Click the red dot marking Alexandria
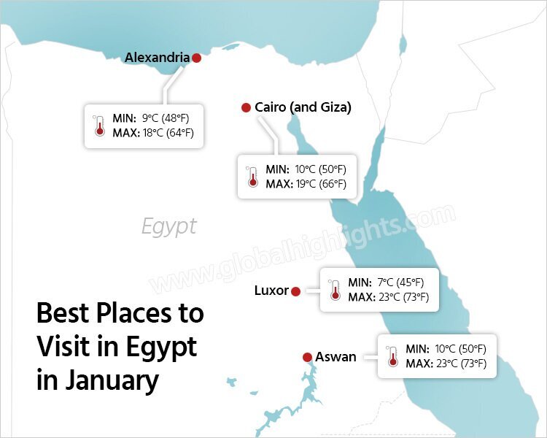point(196,58)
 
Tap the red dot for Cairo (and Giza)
point(246,108)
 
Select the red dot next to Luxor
point(295,291)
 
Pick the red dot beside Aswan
point(307,357)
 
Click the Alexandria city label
point(157,57)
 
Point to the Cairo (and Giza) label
point(303,107)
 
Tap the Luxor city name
point(271,291)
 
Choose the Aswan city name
point(335,357)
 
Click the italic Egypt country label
point(169,226)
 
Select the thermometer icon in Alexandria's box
point(99,126)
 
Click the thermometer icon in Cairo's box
point(252,177)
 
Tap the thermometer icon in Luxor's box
point(335,290)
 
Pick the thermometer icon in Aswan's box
point(392,356)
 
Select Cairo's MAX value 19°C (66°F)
point(320,183)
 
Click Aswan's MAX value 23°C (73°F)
point(459,363)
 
